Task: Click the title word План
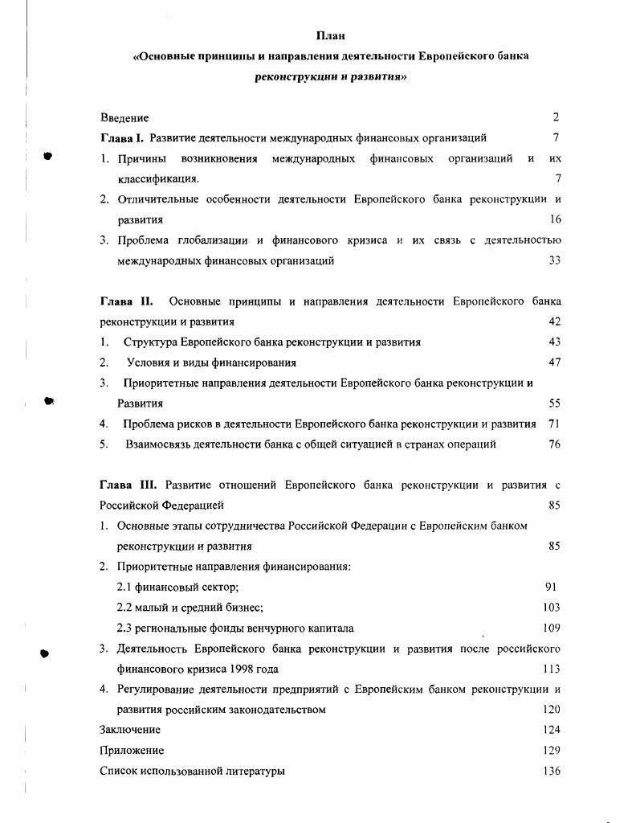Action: [x=330, y=35]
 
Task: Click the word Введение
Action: [x=124, y=117]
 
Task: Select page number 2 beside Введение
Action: [x=556, y=117]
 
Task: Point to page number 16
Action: [x=555, y=219]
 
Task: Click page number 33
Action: [x=554, y=260]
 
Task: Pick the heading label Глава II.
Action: [x=126, y=301]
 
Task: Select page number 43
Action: [x=554, y=342]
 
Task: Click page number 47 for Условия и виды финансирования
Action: [x=554, y=362]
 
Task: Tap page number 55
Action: [x=554, y=403]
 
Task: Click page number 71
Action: [x=554, y=424]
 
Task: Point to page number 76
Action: [x=554, y=444]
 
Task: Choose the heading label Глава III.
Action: [x=129, y=485]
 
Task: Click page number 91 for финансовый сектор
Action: [x=551, y=587]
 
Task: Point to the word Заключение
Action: [x=130, y=730]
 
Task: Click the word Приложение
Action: [x=132, y=751]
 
